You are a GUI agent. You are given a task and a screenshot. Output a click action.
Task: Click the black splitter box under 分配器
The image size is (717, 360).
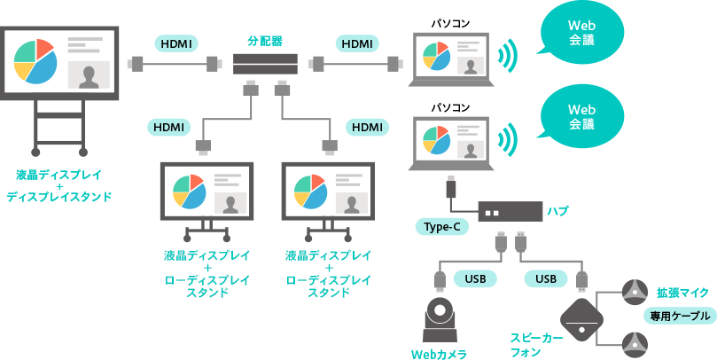point(264,64)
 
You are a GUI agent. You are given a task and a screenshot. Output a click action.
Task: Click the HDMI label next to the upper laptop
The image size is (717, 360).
point(356,43)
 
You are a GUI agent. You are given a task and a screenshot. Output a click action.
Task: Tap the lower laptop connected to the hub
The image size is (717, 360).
point(452,142)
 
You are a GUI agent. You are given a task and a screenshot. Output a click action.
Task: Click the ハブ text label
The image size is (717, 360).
point(557,211)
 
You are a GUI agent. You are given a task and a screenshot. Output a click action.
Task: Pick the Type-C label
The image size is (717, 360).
point(441,227)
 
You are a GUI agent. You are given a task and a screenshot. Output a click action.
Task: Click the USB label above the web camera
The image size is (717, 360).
point(475,278)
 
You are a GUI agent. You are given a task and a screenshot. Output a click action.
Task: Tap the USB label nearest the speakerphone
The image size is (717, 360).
point(546,278)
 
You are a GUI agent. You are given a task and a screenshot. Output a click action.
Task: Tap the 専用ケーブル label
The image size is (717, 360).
point(680,316)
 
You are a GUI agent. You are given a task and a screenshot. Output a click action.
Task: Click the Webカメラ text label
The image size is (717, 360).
point(440,352)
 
